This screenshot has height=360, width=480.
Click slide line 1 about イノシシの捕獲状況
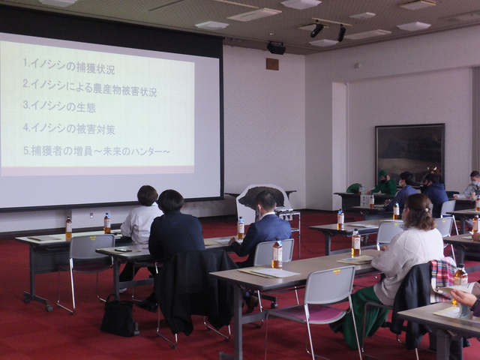click(x=69, y=66)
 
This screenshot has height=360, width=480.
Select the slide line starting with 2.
click(x=90, y=88)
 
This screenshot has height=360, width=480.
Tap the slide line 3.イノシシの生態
click(x=59, y=106)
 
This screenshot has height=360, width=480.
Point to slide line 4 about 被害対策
click(x=69, y=128)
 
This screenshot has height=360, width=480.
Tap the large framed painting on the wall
click(x=410, y=154)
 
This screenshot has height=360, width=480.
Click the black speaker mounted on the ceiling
click(x=276, y=48)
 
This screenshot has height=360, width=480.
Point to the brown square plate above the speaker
click(x=272, y=64)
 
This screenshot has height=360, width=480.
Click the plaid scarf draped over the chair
click(x=442, y=273)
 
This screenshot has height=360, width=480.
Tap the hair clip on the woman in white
click(x=427, y=210)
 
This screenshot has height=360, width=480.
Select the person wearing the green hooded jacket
click(x=384, y=183)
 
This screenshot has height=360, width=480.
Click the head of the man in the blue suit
click(x=265, y=201)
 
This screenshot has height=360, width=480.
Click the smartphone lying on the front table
click(x=123, y=250)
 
